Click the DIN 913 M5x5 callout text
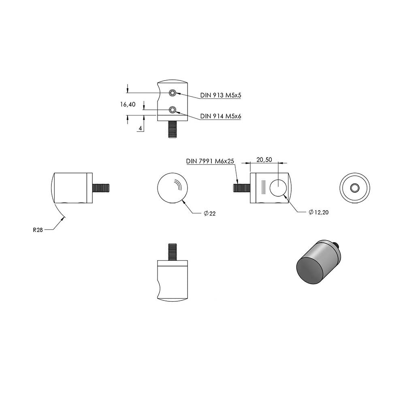[x=221, y=95]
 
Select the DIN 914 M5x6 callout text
[x=221, y=116]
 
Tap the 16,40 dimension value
[x=128, y=104]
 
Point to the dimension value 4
[x=140, y=128]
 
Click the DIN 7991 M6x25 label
[x=210, y=161]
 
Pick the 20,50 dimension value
[x=264, y=160]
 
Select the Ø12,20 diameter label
[x=319, y=212]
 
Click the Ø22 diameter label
[x=209, y=213]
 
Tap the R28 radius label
[x=38, y=230]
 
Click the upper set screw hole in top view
[x=172, y=93]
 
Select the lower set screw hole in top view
[x=172, y=110]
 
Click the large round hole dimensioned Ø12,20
[x=278, y=188]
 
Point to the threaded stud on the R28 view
[x=101, y=188]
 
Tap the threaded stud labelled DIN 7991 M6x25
[x=242, y=188]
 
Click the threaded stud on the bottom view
[x=172, y=252]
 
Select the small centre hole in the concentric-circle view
[x=354, y=188]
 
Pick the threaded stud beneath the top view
[x=172, y=130]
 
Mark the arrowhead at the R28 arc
[x=62, y=219]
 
